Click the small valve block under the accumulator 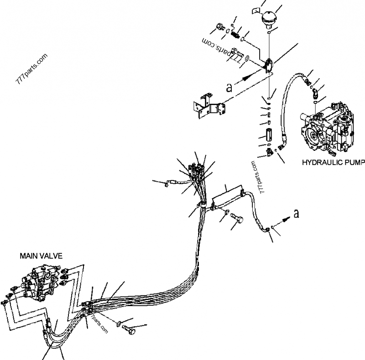[269, 65]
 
